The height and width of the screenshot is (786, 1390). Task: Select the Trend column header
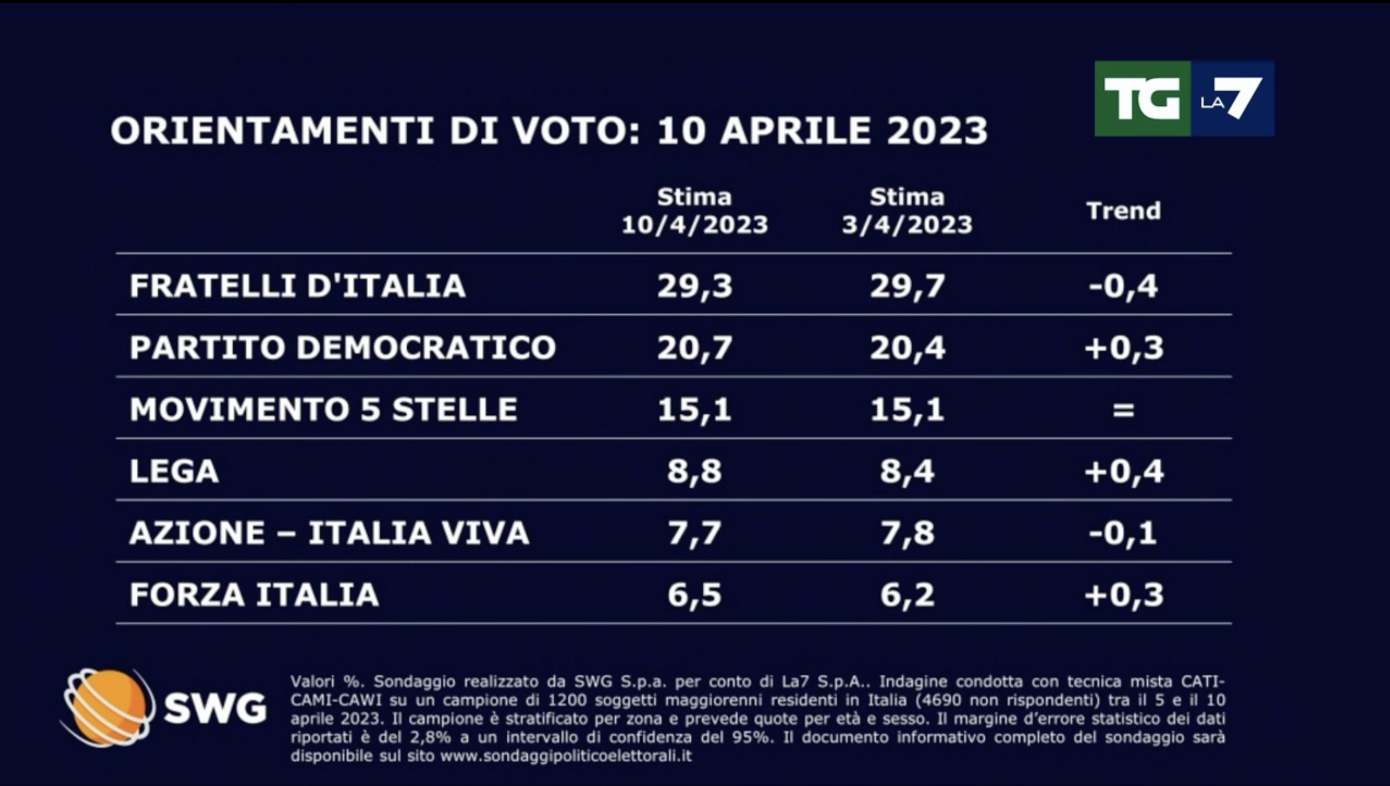[1123, 211]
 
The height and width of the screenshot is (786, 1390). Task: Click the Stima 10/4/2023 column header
[695, 211]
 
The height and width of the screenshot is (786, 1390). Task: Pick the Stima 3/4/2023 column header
[907, 211]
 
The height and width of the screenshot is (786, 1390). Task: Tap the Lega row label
[174, 471]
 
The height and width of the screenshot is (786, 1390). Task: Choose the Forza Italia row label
[254, 595]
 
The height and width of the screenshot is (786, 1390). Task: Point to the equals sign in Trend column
[1123, 409]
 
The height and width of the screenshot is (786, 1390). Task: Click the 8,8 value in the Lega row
[695, 471]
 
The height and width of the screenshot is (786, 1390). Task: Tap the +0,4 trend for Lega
[1123, 471]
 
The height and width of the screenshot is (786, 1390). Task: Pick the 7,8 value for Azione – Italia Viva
[907, 533]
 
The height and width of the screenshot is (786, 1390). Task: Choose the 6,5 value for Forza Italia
[695, 595]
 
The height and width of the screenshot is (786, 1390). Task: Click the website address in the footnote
[566, 756]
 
